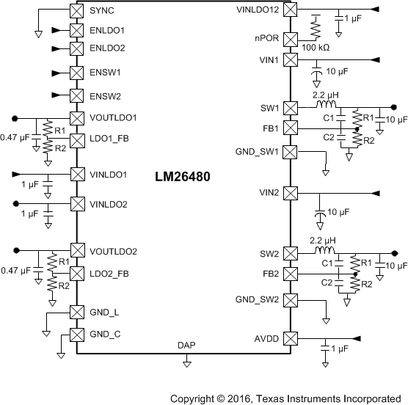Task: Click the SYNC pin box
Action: coord(75,11)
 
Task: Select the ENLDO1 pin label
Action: coord(106,31)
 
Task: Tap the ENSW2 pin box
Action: coord(75,95)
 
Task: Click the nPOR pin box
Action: coord(290,40)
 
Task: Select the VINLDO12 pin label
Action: coord(258,10)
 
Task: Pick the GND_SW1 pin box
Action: coord(290,152)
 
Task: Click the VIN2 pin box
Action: coord(290,193)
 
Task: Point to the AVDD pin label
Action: coord(267,339)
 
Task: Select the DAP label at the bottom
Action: coord(186,345)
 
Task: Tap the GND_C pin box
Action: coord(75,335)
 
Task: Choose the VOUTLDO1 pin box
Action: coord(75,117)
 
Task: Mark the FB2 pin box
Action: coord(290,274)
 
